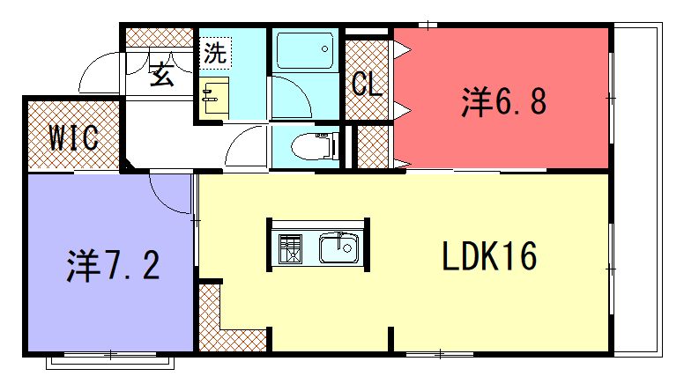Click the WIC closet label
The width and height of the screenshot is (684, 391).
73,137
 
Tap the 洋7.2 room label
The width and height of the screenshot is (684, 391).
113,265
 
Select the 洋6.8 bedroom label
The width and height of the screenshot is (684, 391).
504,101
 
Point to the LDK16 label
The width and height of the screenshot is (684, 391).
489,256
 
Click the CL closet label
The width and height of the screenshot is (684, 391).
367,84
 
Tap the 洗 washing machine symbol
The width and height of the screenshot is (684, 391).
215,53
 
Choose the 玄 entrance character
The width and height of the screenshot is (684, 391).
162,73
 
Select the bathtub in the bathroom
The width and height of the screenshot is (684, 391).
305,50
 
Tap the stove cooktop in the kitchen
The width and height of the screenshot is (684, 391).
290,248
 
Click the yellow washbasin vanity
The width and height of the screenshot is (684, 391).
214,98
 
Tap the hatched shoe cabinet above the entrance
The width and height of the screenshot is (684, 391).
160,38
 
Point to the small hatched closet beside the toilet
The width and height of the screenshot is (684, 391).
373,147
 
